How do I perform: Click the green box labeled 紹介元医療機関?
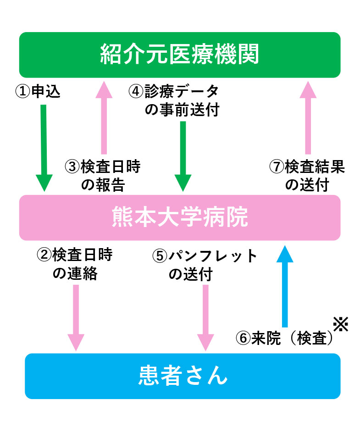(x=180, y=55)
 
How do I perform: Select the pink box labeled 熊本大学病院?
(x=180, y=217)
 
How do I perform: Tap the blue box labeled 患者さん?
(x=183, y=376)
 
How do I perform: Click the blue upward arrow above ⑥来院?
(x=285, y=284)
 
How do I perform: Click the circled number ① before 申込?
(x=22, y=92)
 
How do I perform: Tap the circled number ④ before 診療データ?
(x=136, y=92)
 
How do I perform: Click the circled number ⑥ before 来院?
(x=243, y=339)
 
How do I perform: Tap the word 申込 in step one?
(x=45, y=92)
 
